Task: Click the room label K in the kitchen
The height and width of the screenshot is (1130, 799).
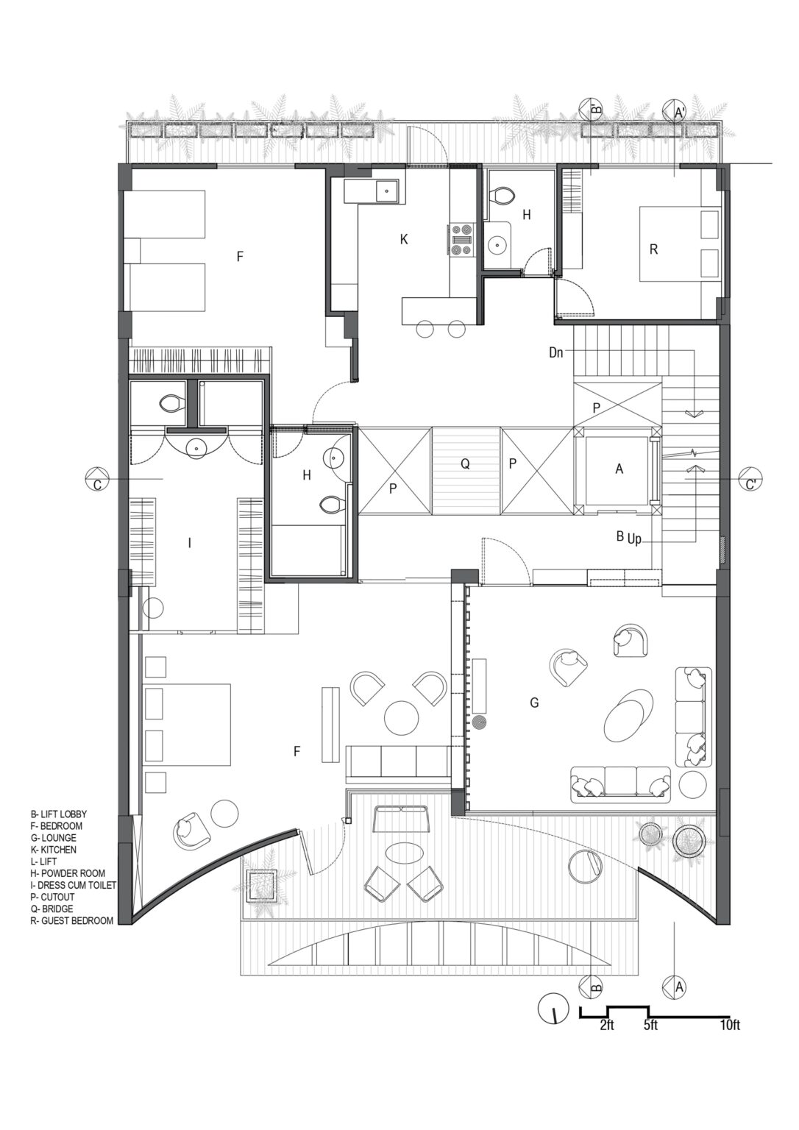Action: click(403, 239)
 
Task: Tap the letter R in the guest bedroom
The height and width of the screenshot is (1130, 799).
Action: click(653, 249)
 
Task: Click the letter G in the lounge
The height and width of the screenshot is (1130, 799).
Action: click(534, 703)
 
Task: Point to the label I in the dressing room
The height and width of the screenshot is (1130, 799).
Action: click(190, 543)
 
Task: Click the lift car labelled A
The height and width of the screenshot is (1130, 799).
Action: click(619, 469)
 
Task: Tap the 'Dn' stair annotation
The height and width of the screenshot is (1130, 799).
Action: click(556, 352)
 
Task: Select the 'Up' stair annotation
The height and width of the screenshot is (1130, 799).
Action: click(634, 539)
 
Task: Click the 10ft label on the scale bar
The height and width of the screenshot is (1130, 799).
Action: click(730, 1025)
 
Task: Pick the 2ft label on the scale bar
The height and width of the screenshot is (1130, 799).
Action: click(607, 1025)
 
